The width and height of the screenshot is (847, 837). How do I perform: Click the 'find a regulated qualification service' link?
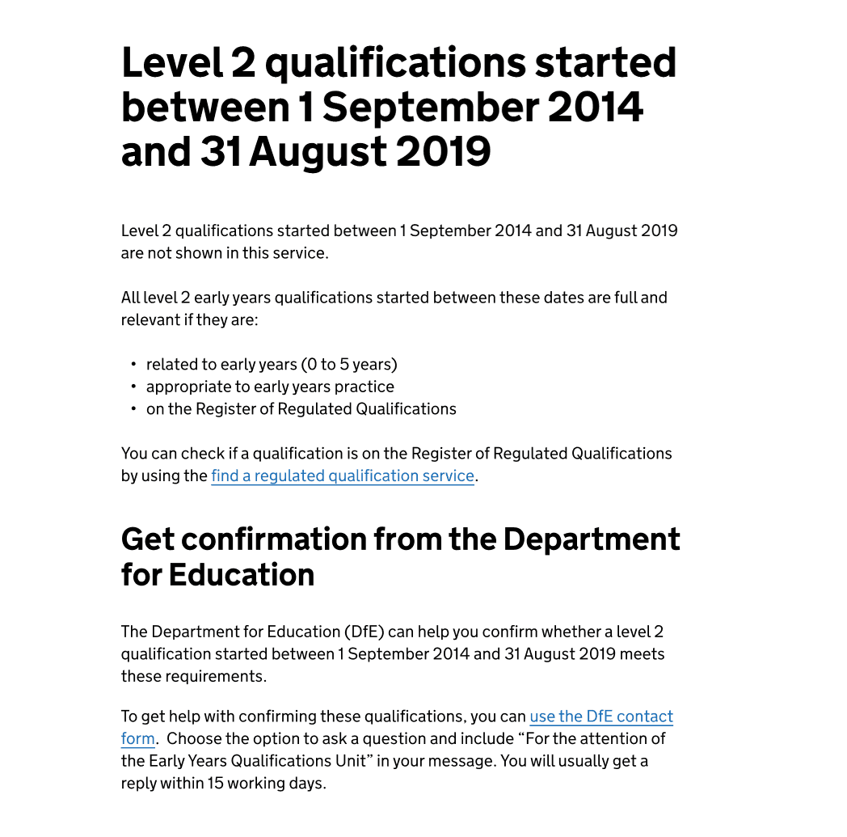point(342,476)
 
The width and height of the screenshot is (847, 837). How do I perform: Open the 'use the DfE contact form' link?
point(600,717)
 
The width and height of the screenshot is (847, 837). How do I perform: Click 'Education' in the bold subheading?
point(242,575)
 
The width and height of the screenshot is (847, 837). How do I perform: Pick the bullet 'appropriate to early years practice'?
point(270,387)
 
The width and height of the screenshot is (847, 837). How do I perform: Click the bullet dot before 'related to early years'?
point(133,365)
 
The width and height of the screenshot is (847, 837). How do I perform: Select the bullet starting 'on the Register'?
point(301,408)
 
